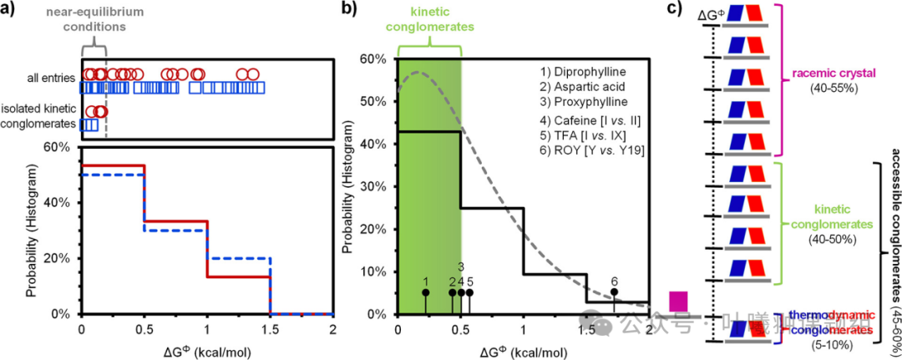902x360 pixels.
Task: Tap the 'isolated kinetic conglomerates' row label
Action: (x=39, y=116)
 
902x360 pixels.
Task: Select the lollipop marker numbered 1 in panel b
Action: (x=425, y=292)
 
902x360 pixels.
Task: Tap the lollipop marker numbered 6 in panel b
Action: (x=615, y=292)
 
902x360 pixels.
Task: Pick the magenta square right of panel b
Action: (x=678, y=302)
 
